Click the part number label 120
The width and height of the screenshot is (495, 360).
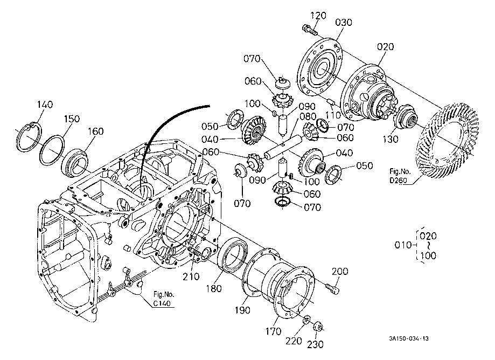click(318, 16)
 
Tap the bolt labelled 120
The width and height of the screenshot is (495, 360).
click(310, 29)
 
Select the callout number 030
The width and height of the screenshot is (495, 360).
click(344, 23)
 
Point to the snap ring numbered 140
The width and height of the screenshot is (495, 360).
click(29, 138)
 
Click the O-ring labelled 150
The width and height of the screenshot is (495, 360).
click(52, 150)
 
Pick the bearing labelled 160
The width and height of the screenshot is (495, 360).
click(74, 162)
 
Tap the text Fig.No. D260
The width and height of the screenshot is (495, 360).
click(400, 176)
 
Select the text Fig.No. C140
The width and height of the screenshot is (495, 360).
click(164, 299)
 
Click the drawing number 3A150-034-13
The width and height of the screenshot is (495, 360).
click(409, 339)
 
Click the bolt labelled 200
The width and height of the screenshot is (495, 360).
click(332, 288)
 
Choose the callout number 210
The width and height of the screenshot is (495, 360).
click(191, 276)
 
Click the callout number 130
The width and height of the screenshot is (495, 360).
click(391, 139)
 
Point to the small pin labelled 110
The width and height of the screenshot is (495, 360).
click(331, 101)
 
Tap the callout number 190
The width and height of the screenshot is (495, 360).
click(242, 310)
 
